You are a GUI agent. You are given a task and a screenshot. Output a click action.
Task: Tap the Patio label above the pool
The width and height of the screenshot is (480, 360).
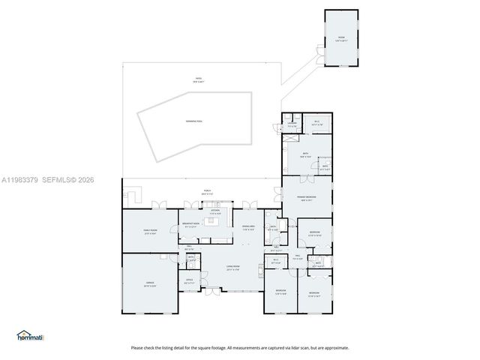tap(199, 79)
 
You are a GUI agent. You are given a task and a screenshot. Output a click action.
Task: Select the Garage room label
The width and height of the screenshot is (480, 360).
tap(150, 283)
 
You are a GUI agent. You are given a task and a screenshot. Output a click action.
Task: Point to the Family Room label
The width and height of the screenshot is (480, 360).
tap(150, 231)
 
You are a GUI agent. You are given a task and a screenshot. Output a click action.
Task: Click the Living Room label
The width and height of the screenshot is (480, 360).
tap(232, 268)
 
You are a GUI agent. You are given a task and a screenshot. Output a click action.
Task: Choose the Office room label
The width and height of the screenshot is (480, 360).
tap(189, 281)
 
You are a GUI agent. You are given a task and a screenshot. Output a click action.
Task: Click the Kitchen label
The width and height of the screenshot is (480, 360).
tap(215, 211)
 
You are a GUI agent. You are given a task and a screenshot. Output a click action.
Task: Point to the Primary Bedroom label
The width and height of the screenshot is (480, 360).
tap(307, 198)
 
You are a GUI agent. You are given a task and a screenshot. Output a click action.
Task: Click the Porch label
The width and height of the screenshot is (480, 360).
tap(207, 192)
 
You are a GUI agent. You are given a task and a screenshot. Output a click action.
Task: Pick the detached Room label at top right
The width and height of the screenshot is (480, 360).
tap(341, 38)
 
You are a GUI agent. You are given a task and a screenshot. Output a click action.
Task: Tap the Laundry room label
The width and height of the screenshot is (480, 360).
tap(291, 125)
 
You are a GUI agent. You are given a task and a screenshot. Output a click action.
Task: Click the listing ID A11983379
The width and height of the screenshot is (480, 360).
tap(19, 180)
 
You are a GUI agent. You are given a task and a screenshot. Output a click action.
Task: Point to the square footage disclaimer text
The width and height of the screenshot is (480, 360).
tap(240, 347)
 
